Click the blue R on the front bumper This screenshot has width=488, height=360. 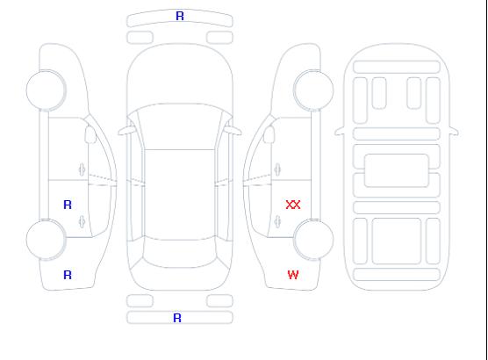[180, 16]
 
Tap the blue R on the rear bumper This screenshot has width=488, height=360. [177, 318]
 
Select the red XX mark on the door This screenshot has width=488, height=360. [293, 205]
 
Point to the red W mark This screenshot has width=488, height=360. [293, 275]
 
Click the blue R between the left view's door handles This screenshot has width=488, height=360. [68, 205]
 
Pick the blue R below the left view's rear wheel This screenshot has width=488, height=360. [68, 275]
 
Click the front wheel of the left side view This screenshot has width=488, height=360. [46, 90]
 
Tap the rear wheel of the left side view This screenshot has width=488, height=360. [46, 240]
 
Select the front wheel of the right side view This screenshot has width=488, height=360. [313, 90]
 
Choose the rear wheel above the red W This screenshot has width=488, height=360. [313, 240]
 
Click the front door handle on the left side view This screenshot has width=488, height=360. [82, 169]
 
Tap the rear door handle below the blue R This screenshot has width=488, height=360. [82, 221]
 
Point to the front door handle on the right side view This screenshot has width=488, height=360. [277, 169]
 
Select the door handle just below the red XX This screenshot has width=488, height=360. [277, 221]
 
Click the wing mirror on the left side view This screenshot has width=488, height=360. [90, 134]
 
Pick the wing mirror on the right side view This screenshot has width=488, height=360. [269, 134]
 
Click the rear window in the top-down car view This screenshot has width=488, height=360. [180, 253]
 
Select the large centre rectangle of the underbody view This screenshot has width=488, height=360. [397, 170]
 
